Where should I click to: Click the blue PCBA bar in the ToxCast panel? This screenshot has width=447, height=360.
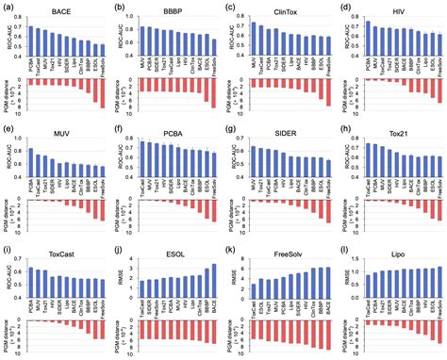pos(30,281)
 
